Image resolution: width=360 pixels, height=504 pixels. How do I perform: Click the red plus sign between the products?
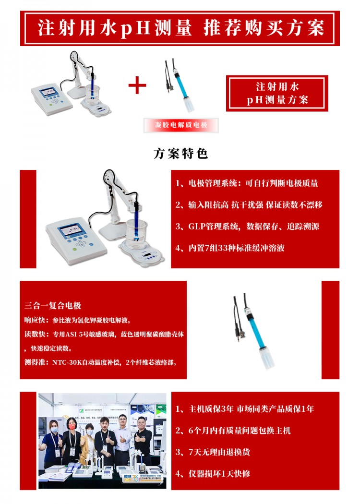pos(137,85)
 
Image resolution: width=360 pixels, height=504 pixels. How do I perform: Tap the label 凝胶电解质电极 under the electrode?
pos(181,125)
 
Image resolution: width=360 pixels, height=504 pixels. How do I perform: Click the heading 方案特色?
pos(180,153)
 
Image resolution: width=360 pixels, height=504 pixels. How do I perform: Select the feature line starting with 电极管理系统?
pos(247,183)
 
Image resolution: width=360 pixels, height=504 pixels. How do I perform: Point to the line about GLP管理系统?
pos(247,226)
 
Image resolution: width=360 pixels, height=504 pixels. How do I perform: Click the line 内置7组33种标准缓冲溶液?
pos(230,248)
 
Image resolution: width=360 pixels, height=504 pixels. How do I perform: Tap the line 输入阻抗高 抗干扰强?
pos(249,205)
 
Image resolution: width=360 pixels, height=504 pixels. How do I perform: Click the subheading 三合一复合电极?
pos(53,305)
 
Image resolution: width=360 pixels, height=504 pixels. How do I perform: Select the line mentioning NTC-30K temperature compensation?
pos(101,362)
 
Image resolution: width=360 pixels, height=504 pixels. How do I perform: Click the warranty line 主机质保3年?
pos(245,409)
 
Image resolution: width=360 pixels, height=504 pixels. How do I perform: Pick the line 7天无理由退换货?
pos(213,452)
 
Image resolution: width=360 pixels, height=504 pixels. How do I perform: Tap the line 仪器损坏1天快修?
pos(213,473)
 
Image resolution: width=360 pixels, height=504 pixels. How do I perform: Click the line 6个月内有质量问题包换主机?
pos(233,431)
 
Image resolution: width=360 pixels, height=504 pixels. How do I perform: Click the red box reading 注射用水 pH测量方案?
pos(277,93)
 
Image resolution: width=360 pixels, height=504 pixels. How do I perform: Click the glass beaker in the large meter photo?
pos(137,234)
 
